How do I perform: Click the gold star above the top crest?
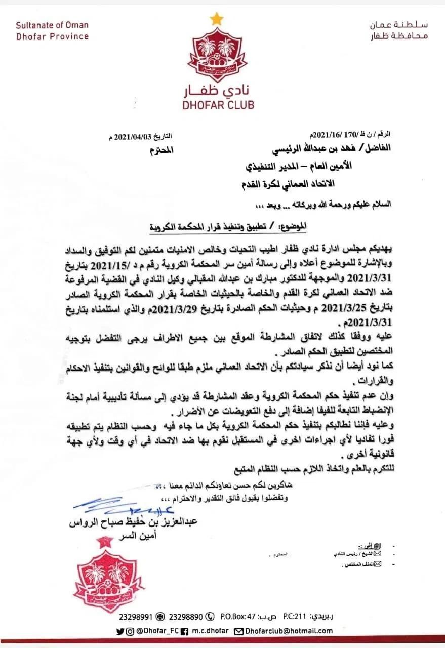(x=217, y=19)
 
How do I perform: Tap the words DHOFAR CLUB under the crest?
(x=217, y=105)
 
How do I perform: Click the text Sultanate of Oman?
(x=52, y=25)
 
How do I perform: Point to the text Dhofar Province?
(x=52, y=36)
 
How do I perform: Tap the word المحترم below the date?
(x=162, y=150)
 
